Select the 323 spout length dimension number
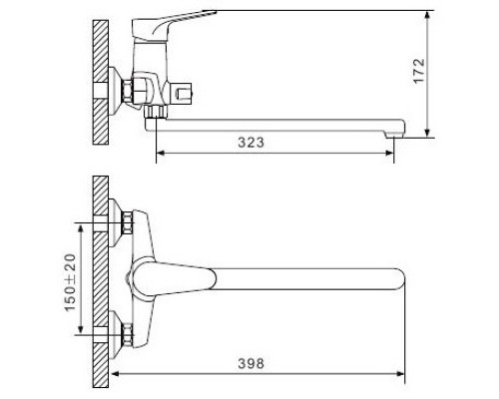(x=252, y=143)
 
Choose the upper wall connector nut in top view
(x=129, y=224)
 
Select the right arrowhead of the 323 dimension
(x=392, y=153)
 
